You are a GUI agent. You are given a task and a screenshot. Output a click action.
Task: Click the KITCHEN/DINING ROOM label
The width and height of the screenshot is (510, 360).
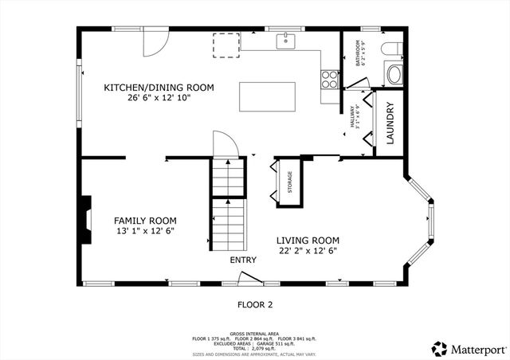click(x=159, y=88)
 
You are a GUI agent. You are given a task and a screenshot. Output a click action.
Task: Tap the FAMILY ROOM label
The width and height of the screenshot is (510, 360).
click(x=145, y=221)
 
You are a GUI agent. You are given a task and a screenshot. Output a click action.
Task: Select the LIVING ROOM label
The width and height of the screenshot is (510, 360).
click(x=308, y=241)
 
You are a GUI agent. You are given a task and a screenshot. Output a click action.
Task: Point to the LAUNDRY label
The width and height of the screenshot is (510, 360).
click(x=390, y=127)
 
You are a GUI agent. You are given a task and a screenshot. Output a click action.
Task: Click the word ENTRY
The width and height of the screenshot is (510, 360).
click(x=244, y=260)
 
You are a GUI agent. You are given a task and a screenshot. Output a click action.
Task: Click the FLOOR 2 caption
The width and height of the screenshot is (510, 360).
click(x=255, y=304)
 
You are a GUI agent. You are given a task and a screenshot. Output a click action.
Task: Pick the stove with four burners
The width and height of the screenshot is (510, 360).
click(x=329, y=79)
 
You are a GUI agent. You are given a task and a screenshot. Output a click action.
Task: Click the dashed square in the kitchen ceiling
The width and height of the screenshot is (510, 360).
click(x=226, y=45)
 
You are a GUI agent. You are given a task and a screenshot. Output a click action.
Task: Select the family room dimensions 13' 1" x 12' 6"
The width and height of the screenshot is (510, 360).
click(x=145, y=231)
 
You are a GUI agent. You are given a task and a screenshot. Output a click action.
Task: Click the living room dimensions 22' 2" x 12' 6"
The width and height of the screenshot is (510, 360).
click(x=308, y=251)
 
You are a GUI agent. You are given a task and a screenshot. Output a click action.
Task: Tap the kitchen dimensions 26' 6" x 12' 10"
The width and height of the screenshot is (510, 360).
click(x=159, y=98)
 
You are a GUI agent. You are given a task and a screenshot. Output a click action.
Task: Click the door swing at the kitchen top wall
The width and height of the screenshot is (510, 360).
click(x=154, y=43)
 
